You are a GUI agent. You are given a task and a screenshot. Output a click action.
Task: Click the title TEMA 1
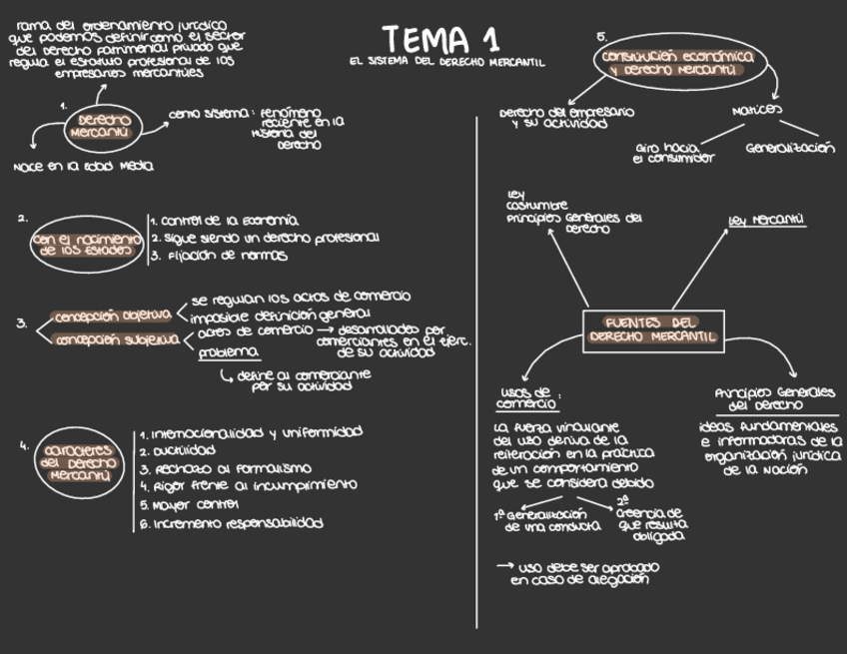click(440, 39)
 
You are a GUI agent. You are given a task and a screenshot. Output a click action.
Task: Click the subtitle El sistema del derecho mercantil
click(446, 63)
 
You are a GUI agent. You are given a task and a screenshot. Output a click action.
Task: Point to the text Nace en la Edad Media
click(83, 168)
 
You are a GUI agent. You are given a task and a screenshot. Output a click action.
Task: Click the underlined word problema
click(229, 353)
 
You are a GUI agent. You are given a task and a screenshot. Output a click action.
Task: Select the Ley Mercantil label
click(767, 220)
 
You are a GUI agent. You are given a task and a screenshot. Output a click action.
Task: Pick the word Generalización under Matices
click(789, 149)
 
